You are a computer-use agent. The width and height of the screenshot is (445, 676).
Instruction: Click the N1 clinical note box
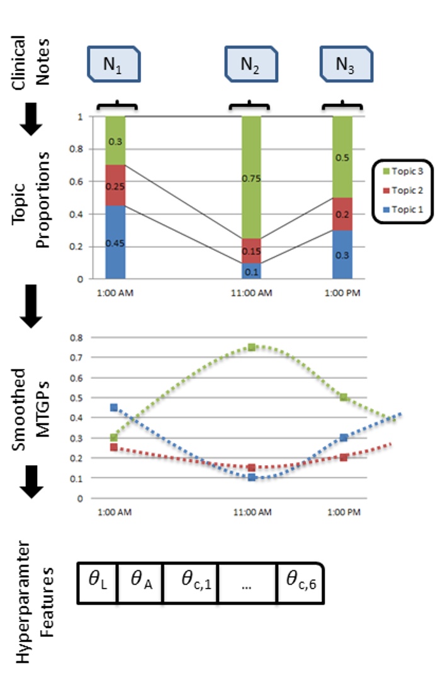pos(113,64)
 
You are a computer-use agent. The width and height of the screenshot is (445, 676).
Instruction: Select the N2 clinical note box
pos(252,64)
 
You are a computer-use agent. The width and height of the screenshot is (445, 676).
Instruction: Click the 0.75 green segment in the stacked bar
pos(252,177)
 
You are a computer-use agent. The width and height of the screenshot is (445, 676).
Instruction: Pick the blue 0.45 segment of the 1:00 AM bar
pos(115,242)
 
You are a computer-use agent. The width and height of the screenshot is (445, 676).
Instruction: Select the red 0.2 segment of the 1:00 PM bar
pos(342,214)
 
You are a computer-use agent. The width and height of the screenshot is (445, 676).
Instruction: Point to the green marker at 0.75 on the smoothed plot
pos(252,347)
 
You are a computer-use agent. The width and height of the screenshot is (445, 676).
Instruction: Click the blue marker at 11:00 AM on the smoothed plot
pos(252,478)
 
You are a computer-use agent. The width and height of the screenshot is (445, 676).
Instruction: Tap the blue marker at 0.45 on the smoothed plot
pos(114,407)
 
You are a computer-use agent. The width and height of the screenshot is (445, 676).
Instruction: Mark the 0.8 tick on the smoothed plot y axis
pos(79,337)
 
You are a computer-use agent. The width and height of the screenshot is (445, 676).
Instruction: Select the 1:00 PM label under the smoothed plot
pos(343,513)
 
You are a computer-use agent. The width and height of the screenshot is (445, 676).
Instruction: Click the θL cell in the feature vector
pos(97,583)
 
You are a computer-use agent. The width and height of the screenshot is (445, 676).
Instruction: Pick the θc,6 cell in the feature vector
pos(300,583)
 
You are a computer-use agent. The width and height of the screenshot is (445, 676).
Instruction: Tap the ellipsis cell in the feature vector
pos(246,583)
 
